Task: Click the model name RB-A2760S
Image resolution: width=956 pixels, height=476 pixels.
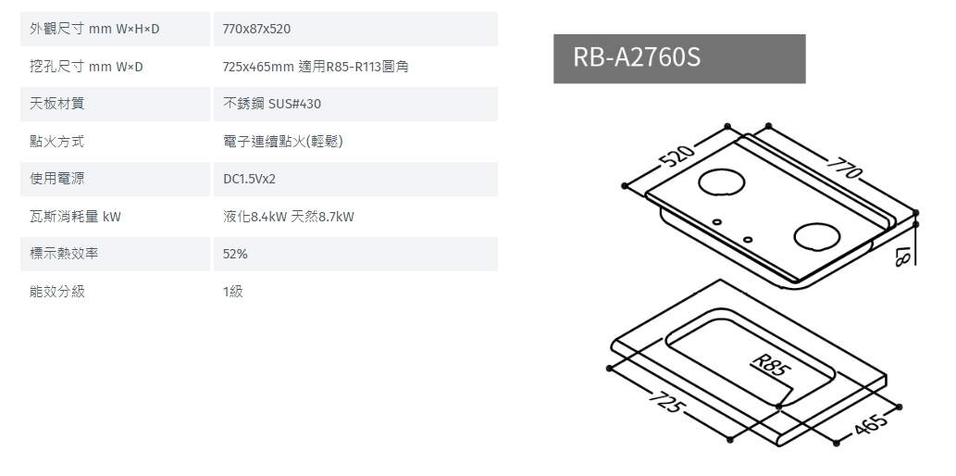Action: pyautogui.click(x=637, y=58)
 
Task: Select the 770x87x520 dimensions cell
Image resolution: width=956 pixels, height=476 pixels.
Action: pyautogui.click(x=257, y=30)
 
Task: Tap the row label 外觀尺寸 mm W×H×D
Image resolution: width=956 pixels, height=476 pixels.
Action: pyautogui.click(x=94, y=30)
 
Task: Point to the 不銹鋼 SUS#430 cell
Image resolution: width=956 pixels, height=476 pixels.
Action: pyautogui.click(x=272, y=104)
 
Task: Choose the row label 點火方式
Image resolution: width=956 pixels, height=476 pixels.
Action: pyautogui.click(x=57, y=142)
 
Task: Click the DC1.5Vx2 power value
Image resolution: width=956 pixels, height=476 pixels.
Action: pyautogui.click(x=250, y=179)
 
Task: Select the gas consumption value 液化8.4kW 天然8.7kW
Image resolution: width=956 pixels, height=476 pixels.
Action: pyautogui.click(x=289, y=217)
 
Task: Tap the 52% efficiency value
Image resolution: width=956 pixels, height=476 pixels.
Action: pyautogui.click(x=235, y=254)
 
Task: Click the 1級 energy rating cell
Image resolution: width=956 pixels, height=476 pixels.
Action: pyautogui.click(x=233, y=292)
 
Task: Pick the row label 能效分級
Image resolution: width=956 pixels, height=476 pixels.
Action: pyautogui.click(x=57, y=292)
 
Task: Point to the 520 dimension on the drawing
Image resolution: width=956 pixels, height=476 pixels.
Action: pyautogui.click(x=677, y=157)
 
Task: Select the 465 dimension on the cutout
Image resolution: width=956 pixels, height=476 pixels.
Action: pyautogui.click(x=871, y=426)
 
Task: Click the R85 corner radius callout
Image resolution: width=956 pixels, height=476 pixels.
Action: pyautogui.click(x=772, y=365)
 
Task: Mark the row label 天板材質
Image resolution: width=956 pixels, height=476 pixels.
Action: pyautogui.click(x=57, y=104)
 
